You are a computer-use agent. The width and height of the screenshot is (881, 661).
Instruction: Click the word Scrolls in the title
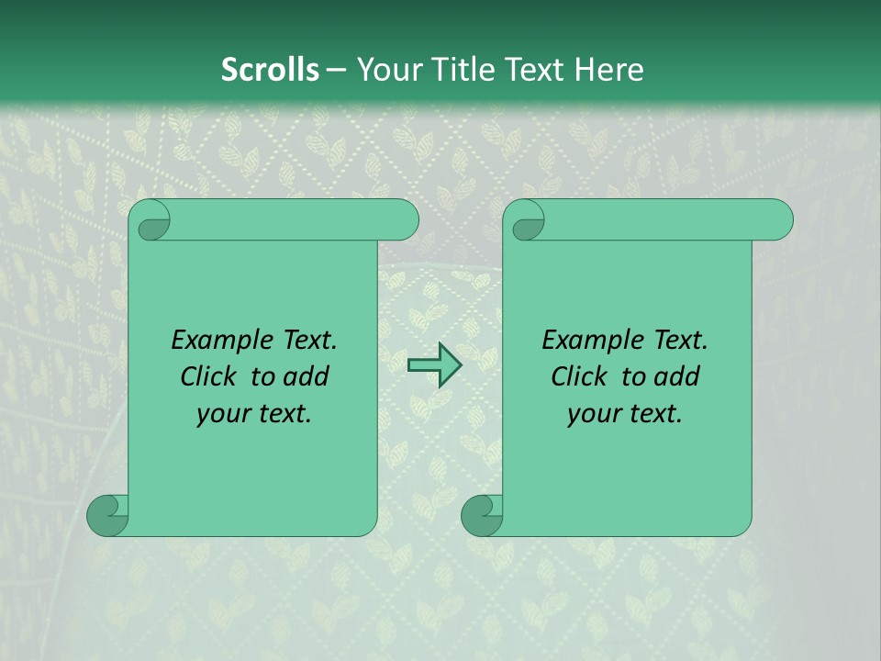[x=270, y=70]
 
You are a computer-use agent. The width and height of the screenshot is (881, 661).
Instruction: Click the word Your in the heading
[x=386, y=70]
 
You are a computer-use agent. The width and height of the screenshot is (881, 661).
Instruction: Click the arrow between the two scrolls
[x=434, y=365]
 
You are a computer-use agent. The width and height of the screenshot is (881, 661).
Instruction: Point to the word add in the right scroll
[x=677, y=376]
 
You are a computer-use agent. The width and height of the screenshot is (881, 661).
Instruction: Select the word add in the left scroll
[x=307, y=376]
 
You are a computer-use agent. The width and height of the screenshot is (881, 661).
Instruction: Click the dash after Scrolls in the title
[x=337, y=70]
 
